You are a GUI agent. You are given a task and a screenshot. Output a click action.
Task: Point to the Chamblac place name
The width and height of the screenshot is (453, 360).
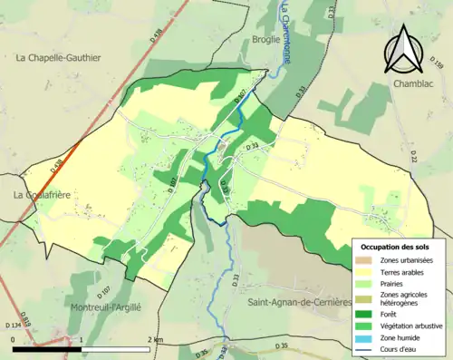[x=414, y=83]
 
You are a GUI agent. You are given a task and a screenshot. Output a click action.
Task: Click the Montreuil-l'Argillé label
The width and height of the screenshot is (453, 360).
[x=106, y=307]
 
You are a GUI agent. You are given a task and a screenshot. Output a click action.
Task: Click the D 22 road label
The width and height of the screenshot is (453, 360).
[x=413, y=160]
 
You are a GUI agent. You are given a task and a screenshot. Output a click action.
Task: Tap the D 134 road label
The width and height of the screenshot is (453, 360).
[x=14, y=325]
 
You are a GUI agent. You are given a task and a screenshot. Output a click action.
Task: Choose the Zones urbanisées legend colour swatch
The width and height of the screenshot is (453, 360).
[x=366, y=260]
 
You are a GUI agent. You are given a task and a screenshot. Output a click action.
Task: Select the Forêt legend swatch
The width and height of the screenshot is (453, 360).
[x=366, y=311]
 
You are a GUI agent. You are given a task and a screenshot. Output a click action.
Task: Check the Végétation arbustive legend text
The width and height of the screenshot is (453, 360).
[x=413, y=324]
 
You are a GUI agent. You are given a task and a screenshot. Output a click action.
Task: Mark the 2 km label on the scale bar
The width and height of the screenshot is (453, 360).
[x=156, y=339]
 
